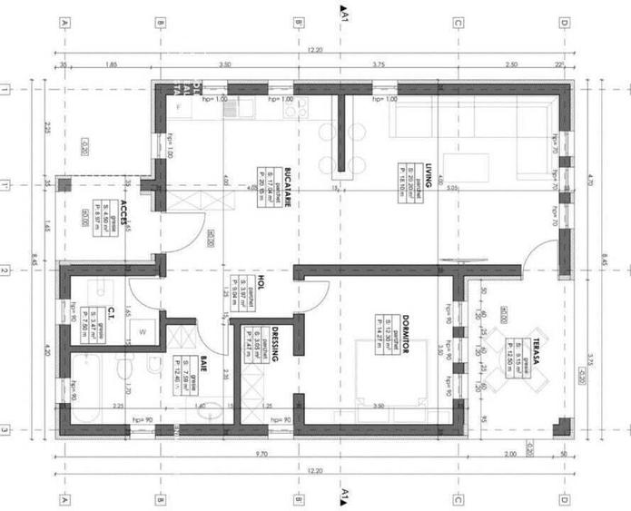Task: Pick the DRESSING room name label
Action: (272, 345)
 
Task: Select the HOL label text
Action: (259, 285)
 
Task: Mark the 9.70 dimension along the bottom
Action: (261, 453)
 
